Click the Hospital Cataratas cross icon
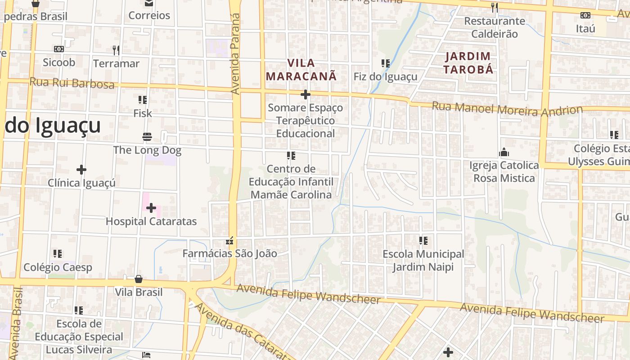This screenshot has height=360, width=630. coord(151,208)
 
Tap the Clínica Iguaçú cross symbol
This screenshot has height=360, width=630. coord(81,170)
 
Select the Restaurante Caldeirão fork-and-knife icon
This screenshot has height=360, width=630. coord(495,7)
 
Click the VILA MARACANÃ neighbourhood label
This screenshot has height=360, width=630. coord(301,69)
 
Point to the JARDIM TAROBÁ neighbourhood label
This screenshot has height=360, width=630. coord(468,63)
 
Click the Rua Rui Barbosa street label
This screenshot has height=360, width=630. coord(72,83)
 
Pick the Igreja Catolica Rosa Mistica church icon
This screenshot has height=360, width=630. coord(504,153)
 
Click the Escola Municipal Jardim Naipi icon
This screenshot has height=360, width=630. coord(423,241)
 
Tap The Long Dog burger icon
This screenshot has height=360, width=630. coord(147,136)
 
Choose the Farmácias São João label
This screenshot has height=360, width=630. coord(229,253)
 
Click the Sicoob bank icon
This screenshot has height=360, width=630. coord(59,49)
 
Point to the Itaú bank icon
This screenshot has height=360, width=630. coord(585,15)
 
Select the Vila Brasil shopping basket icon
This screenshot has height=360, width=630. coord(139,279)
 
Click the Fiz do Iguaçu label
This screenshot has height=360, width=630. coord(386,76)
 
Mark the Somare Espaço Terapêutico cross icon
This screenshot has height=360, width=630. coord(306,94)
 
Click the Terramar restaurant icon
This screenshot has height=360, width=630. coord(116,50)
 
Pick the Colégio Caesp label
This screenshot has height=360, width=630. coord(58,267)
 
